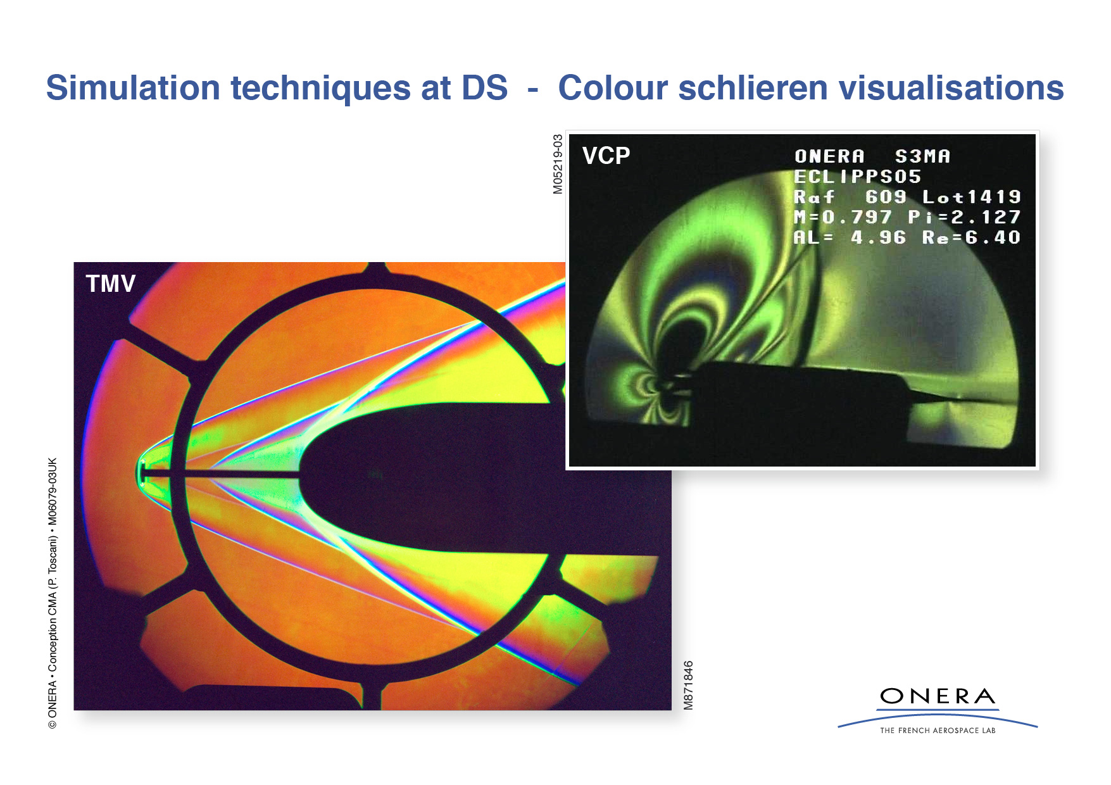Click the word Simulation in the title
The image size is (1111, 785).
point(133,87)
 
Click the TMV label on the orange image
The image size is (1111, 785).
point(111,284)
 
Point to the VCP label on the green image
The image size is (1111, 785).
point(606,156)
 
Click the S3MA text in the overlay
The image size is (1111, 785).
point(922,156)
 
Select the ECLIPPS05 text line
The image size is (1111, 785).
point(857,177)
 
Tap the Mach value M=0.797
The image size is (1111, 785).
point(843,217)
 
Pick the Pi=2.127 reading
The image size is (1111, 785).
point(963,217)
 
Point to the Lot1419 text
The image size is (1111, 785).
point(971,197)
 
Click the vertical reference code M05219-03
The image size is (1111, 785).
point(558,164)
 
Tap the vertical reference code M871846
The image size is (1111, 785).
point(689,685)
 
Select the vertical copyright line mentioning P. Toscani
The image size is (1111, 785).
point(53,593)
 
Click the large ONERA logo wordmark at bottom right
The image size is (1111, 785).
point(937,697)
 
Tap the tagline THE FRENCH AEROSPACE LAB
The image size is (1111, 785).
point(937,731)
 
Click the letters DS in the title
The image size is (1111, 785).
point(484,87)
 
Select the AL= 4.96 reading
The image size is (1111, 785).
point(850,237)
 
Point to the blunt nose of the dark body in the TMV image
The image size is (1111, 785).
point(303,475)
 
